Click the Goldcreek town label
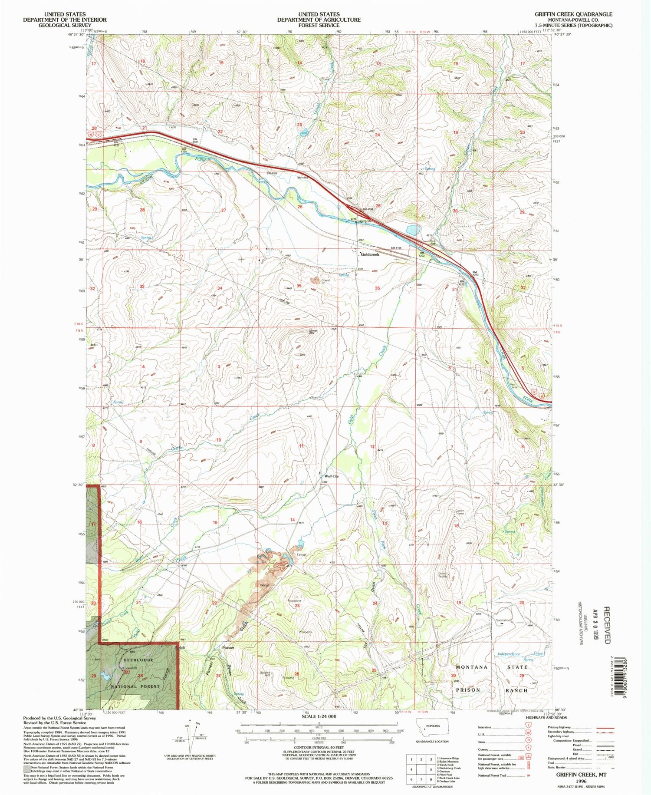[370, 254]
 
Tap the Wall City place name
[332, 476]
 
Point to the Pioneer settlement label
[228, 648]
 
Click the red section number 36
[377, 288]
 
